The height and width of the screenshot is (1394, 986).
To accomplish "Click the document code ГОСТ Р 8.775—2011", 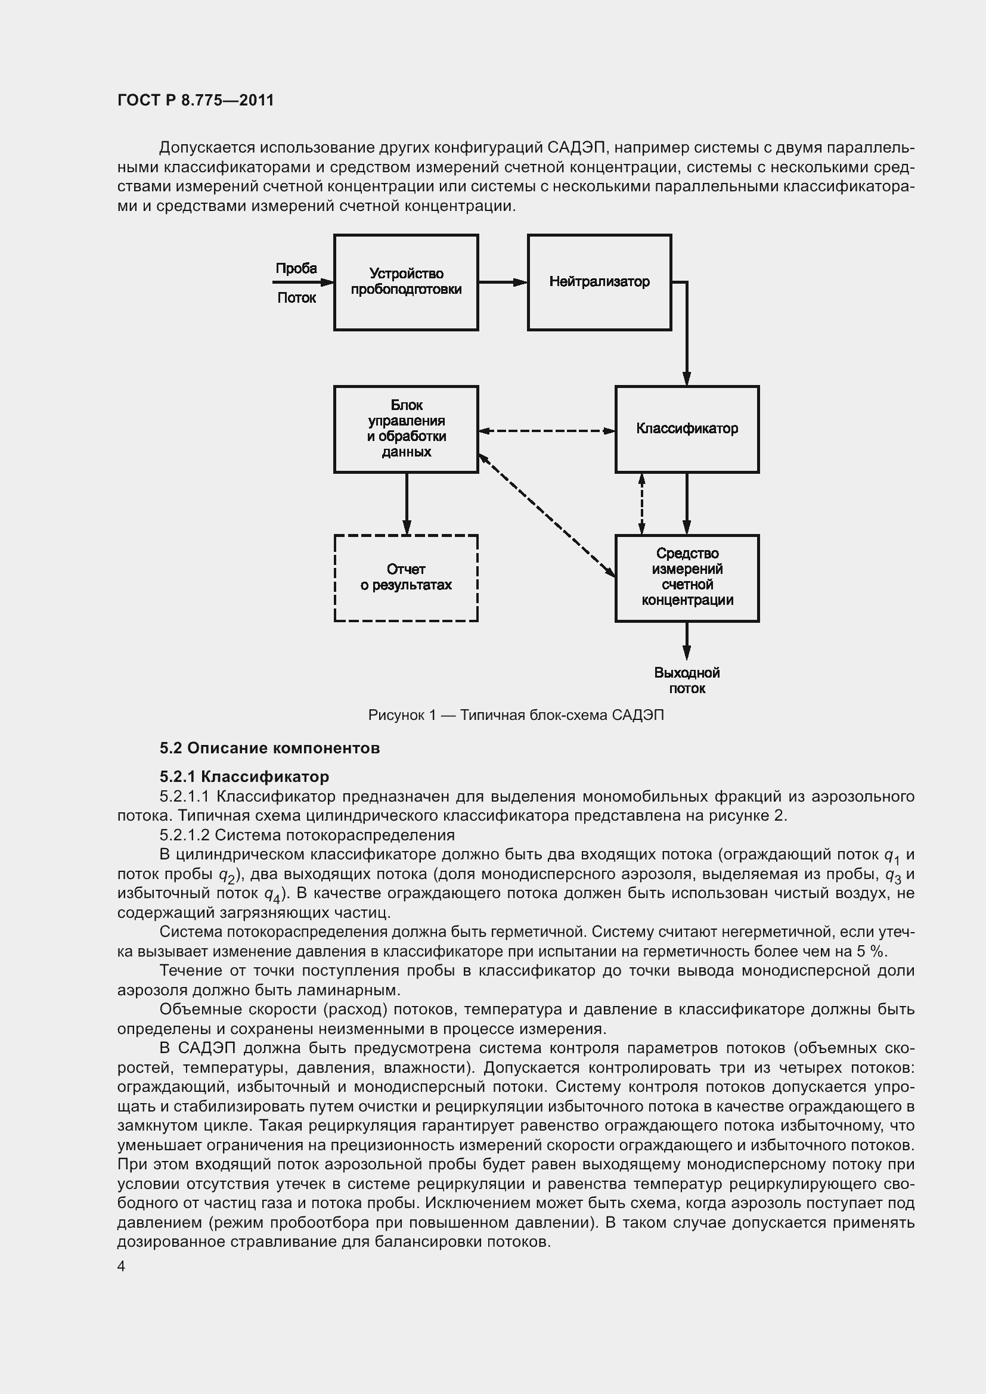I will [196, 100].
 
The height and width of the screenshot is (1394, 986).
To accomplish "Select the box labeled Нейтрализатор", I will [599, 282].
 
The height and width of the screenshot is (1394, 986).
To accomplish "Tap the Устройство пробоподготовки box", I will [405, 282].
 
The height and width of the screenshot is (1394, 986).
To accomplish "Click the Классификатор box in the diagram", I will [687, 429].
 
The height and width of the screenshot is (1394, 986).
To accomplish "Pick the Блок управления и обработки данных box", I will [405, 429].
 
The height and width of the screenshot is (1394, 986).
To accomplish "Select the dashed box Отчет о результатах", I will [405, 578].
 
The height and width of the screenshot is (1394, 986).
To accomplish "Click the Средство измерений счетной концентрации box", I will [687, 578].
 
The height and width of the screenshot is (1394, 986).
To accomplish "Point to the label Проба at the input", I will [296, 268].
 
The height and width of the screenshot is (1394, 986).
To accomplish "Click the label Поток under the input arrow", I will [296, 298].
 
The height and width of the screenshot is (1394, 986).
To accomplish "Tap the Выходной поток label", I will [687, 681].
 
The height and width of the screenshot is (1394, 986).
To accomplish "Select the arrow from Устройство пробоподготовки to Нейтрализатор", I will [503, 282].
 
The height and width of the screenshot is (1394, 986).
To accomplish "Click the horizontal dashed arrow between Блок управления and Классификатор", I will [547, 431].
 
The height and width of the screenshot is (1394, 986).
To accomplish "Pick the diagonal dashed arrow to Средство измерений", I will [547, 516].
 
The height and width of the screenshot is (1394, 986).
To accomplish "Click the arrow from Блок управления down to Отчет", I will [406, 504].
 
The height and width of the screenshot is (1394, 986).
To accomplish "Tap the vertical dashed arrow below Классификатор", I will [642, 504].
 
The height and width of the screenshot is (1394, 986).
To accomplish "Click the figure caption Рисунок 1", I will [516, 715].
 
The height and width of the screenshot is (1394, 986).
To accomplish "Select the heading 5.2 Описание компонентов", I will [269, 748].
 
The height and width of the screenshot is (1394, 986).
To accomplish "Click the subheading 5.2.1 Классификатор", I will [244, 777].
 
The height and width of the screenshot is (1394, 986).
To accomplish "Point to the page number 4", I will [122, 1266].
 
